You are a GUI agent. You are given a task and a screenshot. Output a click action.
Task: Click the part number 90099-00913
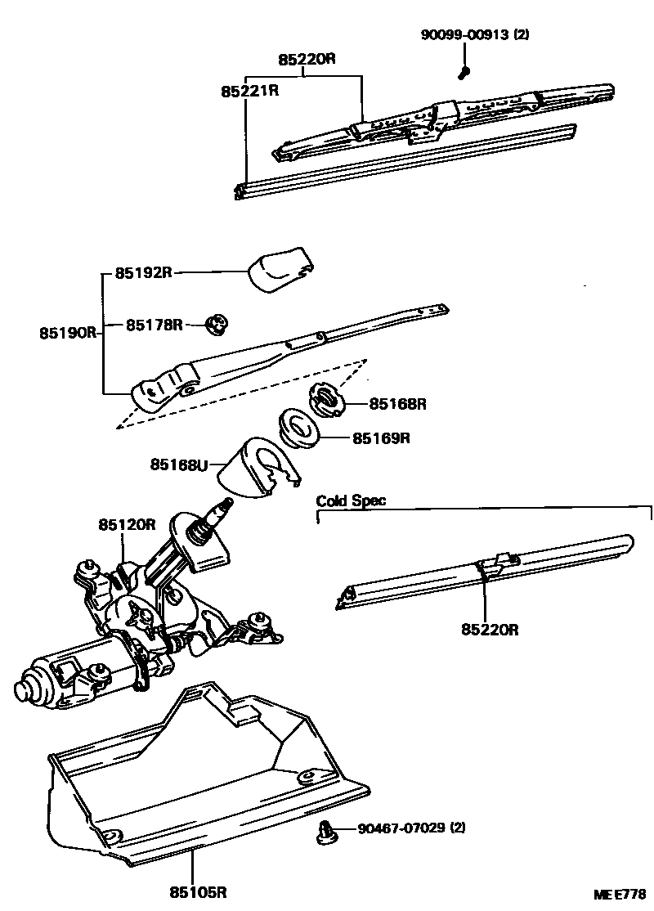point(464,35)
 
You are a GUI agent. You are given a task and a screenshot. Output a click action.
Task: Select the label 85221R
point(249,91)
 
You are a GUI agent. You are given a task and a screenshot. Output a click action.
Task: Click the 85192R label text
point(143,273)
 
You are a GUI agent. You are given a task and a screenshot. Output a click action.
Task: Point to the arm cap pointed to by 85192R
point(281,271)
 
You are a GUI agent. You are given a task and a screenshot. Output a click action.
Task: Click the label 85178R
point(154,325)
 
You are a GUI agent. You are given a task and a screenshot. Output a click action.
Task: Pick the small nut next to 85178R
point(217,325)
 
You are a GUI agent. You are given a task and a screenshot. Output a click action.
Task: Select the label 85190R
point(68,333)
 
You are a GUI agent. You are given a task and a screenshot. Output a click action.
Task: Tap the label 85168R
point(398,403)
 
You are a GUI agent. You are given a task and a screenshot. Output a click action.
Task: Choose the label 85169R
point(381,438)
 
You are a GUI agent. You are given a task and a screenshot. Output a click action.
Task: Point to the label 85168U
point(177,464)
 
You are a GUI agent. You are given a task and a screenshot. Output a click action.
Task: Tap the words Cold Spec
point(351,500)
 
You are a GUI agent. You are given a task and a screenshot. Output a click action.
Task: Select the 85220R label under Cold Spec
point(490,630)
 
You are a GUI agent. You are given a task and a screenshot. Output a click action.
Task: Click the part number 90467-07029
point(401,828)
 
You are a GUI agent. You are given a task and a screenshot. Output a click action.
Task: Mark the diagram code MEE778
point(620,895)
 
